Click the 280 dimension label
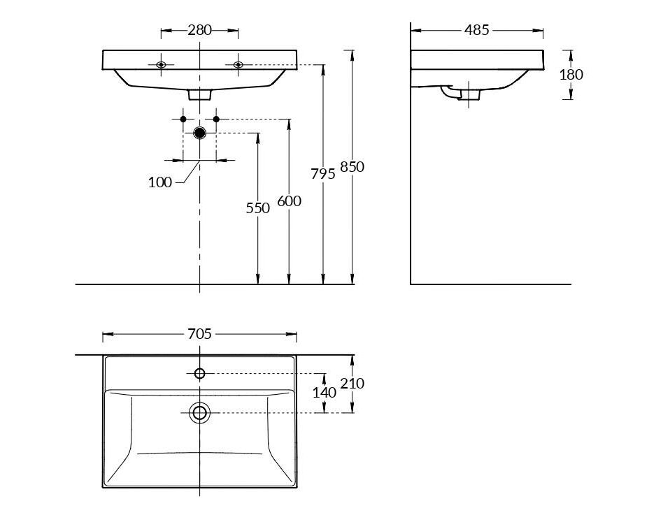[199, 30]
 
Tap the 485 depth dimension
[476, 30]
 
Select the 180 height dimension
[571, 75]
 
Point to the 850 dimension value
[352, 167]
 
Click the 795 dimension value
[323, 174]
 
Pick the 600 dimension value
[290, 201]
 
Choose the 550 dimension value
[258, 208]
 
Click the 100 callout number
[160, 182]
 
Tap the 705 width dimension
[199, 334]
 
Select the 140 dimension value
[325, 393]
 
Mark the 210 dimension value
[352, 384]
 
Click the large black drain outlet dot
[199, 133]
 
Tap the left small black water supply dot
[183, 119]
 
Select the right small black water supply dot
[216, 119]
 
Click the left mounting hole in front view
[161, 65]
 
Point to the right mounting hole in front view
[238, 65]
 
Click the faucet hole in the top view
[199, 373]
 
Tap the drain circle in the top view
[199, 413]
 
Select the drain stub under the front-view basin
[199, 94]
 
